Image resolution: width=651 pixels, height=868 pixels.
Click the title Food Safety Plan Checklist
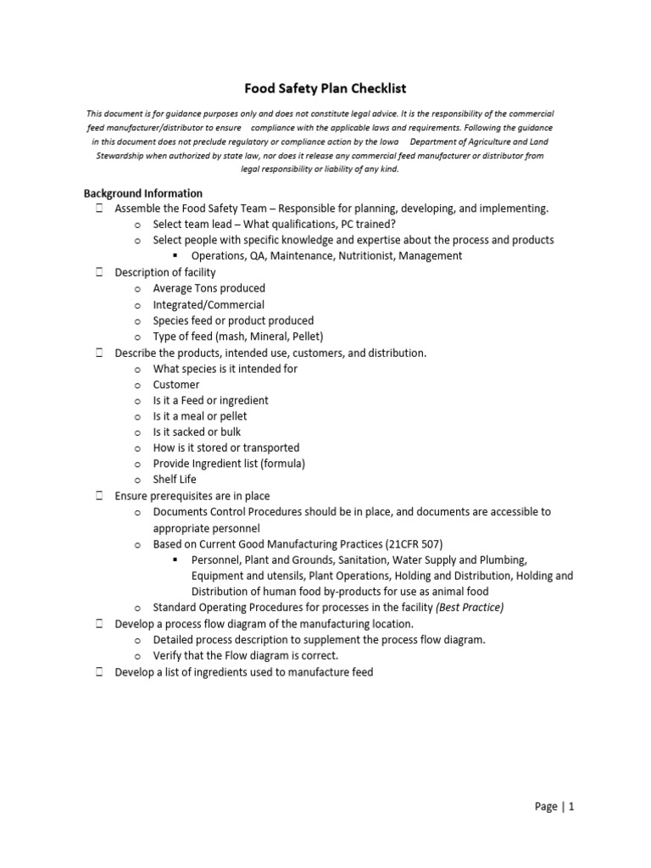pyautogui.click(x=325, y=88)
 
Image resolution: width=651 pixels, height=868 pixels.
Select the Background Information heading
pyautogui.click(x=142, y=193)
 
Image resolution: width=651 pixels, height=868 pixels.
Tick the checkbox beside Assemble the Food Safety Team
pyautogui.click(x=99, y=209)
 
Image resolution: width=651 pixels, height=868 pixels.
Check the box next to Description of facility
pyautogui.click(x=99, y=272)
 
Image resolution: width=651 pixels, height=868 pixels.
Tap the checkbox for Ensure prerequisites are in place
pyautogui.click(x=99, y=496)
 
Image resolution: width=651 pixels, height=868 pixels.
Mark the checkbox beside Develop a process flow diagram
pyautogui.click(x=99, y=624)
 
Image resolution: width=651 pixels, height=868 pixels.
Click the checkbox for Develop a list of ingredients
pyautogui.click(x=99, y=672)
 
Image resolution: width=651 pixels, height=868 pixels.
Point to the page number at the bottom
pyautogui.click(x=555, y=808)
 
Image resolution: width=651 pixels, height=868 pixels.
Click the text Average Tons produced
pyautogui.click(x=209, y=288)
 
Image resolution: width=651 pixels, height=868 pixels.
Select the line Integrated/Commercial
pyautogui.click(x=209, y=304)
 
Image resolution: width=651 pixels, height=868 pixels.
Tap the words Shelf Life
pyautogui.click(x=175, y=480)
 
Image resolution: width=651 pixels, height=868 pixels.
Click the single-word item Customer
pyautogui.click(x=176, y=385)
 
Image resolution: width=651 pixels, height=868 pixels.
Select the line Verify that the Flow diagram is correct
pyautogui.click(x=245, y=656)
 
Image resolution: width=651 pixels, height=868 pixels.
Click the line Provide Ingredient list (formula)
pyautogui.click(x=229, y=464)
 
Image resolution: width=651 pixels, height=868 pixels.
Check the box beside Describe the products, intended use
pyautogui.click(x=99, y=352)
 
